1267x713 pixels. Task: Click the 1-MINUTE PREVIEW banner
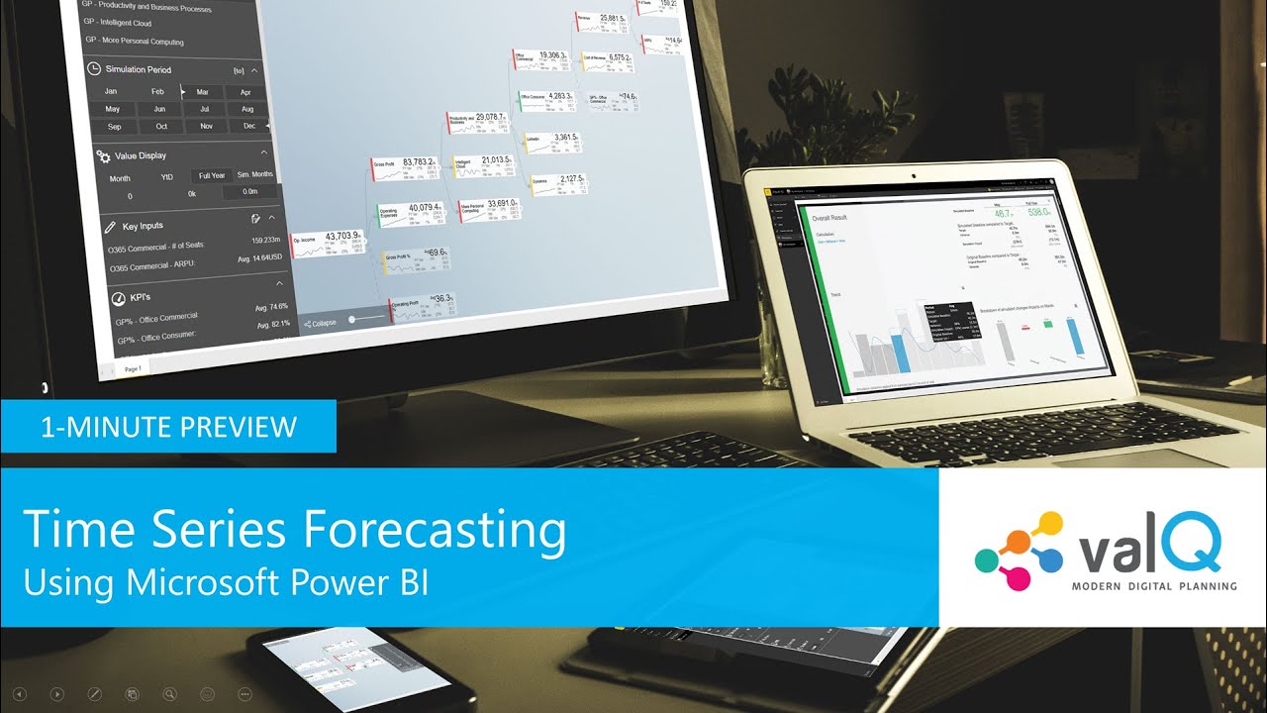point(168,427)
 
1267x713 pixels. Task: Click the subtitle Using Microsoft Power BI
point(226,582)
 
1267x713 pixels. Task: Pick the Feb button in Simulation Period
point(157,91)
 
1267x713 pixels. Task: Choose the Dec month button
point(249,126)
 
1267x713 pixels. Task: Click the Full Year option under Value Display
point(212,175)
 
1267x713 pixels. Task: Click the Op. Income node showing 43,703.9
point(327,242)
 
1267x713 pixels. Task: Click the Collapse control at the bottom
point(320,323)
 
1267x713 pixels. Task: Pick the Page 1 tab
point(133,368)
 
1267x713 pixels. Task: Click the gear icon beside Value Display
point(102,155)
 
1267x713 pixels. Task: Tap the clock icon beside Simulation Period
point(94,69)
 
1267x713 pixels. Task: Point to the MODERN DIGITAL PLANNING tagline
point(1154,586)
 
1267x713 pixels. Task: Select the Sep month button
point(114,127)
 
